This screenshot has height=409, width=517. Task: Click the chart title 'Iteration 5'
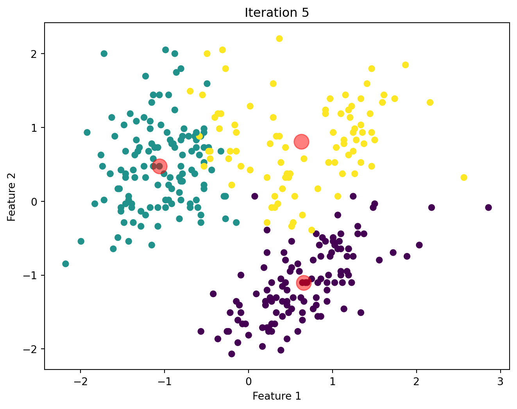277,13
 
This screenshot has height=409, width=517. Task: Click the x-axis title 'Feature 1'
277,396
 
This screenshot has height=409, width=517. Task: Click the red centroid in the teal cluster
159,166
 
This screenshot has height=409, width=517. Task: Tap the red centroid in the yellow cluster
302,142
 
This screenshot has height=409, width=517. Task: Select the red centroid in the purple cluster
304,282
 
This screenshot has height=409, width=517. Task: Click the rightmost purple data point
488,207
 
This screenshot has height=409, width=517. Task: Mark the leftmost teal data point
66,264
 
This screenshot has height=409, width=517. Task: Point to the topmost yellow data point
279,38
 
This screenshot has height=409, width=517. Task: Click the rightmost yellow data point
464,178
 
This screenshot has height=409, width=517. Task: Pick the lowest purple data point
232,354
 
